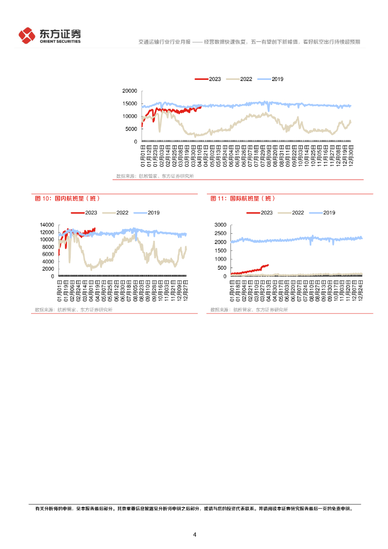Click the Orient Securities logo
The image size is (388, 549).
pos(49,35)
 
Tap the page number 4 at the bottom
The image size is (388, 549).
pos(195,535)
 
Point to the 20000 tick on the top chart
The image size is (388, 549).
pos(129,91)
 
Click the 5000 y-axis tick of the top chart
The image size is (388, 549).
pos(131,129)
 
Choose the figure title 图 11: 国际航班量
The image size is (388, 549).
pos(243,198)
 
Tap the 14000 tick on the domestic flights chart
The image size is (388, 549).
pos(47,225)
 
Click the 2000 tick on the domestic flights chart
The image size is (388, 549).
pos(48,269)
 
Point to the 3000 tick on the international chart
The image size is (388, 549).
pos(221,225)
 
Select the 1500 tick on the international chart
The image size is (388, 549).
pos(221,250)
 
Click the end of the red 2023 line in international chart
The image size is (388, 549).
pos(268,264)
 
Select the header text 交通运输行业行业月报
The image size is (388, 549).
pos(160,41)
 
